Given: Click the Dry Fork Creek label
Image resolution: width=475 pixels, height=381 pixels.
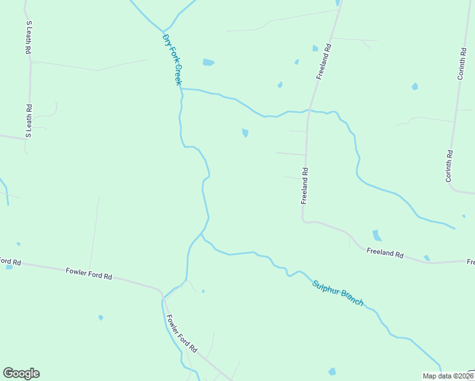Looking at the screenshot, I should click(172, 60).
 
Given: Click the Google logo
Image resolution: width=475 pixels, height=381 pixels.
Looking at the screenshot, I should click(21, 373).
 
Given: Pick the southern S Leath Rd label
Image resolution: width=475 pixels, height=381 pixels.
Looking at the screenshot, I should click(29, 121).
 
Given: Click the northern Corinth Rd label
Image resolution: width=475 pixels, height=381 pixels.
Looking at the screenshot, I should click(462, 63).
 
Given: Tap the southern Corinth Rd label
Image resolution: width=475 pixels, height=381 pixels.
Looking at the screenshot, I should click(449, 166).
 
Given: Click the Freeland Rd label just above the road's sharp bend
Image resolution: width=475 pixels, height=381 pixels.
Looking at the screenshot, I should click(305, 185).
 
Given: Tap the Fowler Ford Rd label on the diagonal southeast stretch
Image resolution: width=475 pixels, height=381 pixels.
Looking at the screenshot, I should click(182, 333).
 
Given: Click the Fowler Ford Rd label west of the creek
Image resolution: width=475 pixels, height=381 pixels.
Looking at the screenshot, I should click(89, 274).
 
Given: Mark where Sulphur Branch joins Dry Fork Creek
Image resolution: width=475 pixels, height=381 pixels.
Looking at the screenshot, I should click(202, 234).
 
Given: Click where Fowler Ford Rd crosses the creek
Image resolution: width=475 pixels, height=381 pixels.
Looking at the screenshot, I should click(163, 296).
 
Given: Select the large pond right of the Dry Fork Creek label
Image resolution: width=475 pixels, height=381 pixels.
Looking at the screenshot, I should click(208, 62).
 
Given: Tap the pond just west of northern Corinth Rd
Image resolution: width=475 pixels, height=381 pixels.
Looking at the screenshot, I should click(415, 86).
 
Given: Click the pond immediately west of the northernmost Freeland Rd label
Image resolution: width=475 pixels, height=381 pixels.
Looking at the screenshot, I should click(315, 48).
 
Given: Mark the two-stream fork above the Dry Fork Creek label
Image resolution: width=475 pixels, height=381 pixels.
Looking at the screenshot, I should click(163, 30).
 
